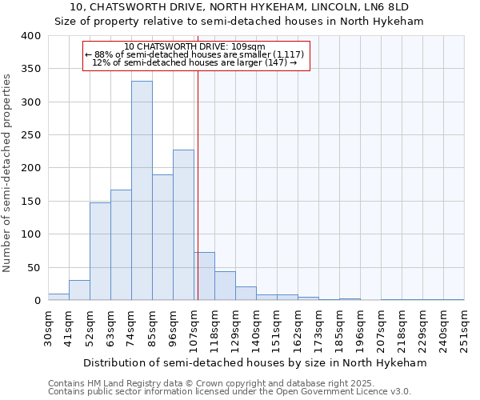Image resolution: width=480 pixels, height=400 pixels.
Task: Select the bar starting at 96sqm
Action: click(x=183, y=225)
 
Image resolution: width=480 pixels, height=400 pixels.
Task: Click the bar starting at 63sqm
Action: click(x=121, y=245)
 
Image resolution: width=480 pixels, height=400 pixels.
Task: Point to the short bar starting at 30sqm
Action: click(x=58, y=297)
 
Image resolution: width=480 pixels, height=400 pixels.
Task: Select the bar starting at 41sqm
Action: click(x=79, y=290)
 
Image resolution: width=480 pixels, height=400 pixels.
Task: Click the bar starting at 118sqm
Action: click(x=225, y=286)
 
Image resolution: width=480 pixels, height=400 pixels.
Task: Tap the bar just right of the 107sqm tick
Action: click(x=204, y=276)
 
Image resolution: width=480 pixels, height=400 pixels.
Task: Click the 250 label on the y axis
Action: click(x=30, y=135)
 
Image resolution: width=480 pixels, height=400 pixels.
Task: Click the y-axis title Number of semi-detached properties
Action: click(x=8, y=172)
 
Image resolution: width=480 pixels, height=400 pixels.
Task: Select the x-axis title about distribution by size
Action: click(x=255, y=362)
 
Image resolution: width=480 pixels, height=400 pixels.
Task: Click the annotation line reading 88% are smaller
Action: click(x=194, y=54)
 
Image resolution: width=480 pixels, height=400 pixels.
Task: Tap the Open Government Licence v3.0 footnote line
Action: click(x=230, y=391)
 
